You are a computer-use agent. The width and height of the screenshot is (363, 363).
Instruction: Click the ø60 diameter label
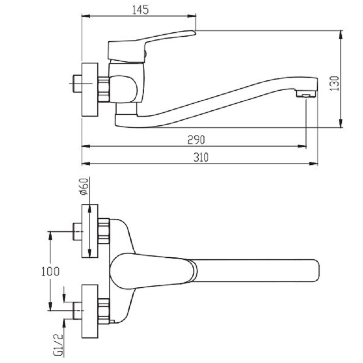83,187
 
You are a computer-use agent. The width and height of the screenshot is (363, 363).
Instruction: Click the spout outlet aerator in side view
305,94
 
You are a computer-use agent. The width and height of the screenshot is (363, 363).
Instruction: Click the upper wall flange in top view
89,231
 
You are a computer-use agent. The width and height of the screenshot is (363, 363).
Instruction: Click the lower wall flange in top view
89,311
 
